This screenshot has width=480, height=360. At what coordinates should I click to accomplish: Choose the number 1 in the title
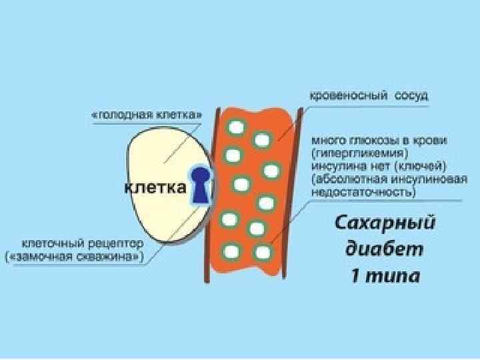pos(355,276)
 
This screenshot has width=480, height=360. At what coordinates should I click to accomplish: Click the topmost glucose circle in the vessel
pos(235,127)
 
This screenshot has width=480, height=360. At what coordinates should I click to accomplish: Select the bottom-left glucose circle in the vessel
pos(232,251)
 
